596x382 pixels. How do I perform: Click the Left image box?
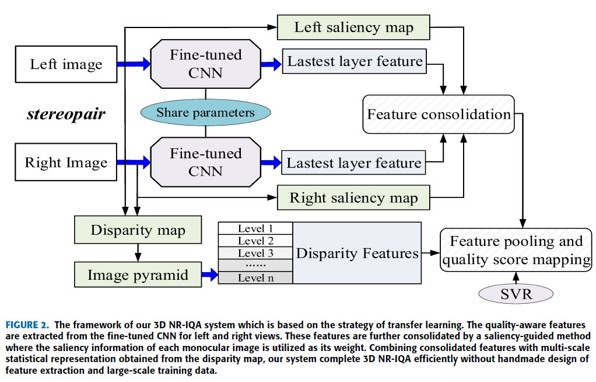pos(66,64)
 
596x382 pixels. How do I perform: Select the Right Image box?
pos(66,162)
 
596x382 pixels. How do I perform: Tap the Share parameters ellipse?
pos(205,113)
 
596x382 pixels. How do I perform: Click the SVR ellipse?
pos(516,293)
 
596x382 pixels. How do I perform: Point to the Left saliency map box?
pos(353,27)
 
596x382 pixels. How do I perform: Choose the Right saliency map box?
pos(353,198)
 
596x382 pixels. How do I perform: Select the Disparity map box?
pos(138,230)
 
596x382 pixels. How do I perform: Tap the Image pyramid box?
pos(138,275)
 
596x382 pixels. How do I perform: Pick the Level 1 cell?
pos(255,228)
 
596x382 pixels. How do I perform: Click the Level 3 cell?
pos(255,253)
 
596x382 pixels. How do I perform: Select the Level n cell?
pos(255,278)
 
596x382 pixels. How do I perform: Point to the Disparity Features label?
pos(357,253)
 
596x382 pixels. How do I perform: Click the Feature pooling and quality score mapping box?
pos(516,250)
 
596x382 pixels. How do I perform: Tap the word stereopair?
pos(66,113)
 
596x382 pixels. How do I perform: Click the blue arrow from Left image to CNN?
pos(134,64)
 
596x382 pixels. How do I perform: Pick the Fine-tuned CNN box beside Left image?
pos(205,64)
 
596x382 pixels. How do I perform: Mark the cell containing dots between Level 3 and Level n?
pos(255,265)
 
